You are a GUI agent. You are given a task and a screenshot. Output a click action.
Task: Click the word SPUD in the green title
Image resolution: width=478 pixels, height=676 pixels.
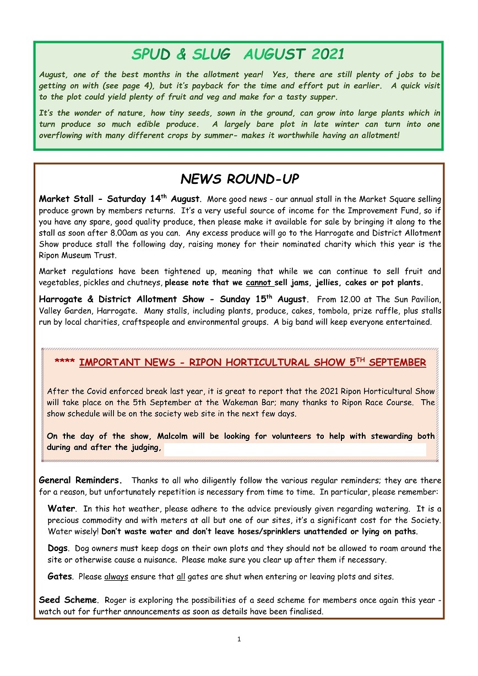(151, 54)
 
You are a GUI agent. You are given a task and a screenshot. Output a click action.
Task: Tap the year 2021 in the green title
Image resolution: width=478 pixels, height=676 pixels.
(328, 54)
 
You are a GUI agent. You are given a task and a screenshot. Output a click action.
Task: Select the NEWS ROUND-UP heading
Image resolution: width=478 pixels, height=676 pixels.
(239, 179)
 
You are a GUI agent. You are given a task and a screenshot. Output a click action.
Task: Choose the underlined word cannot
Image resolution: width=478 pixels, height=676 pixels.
(258, 283)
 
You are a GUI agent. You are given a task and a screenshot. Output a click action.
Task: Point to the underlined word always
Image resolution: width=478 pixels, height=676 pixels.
(116, 577)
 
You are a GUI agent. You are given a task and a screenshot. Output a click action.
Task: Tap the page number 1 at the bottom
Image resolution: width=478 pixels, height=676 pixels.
(239, 639)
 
